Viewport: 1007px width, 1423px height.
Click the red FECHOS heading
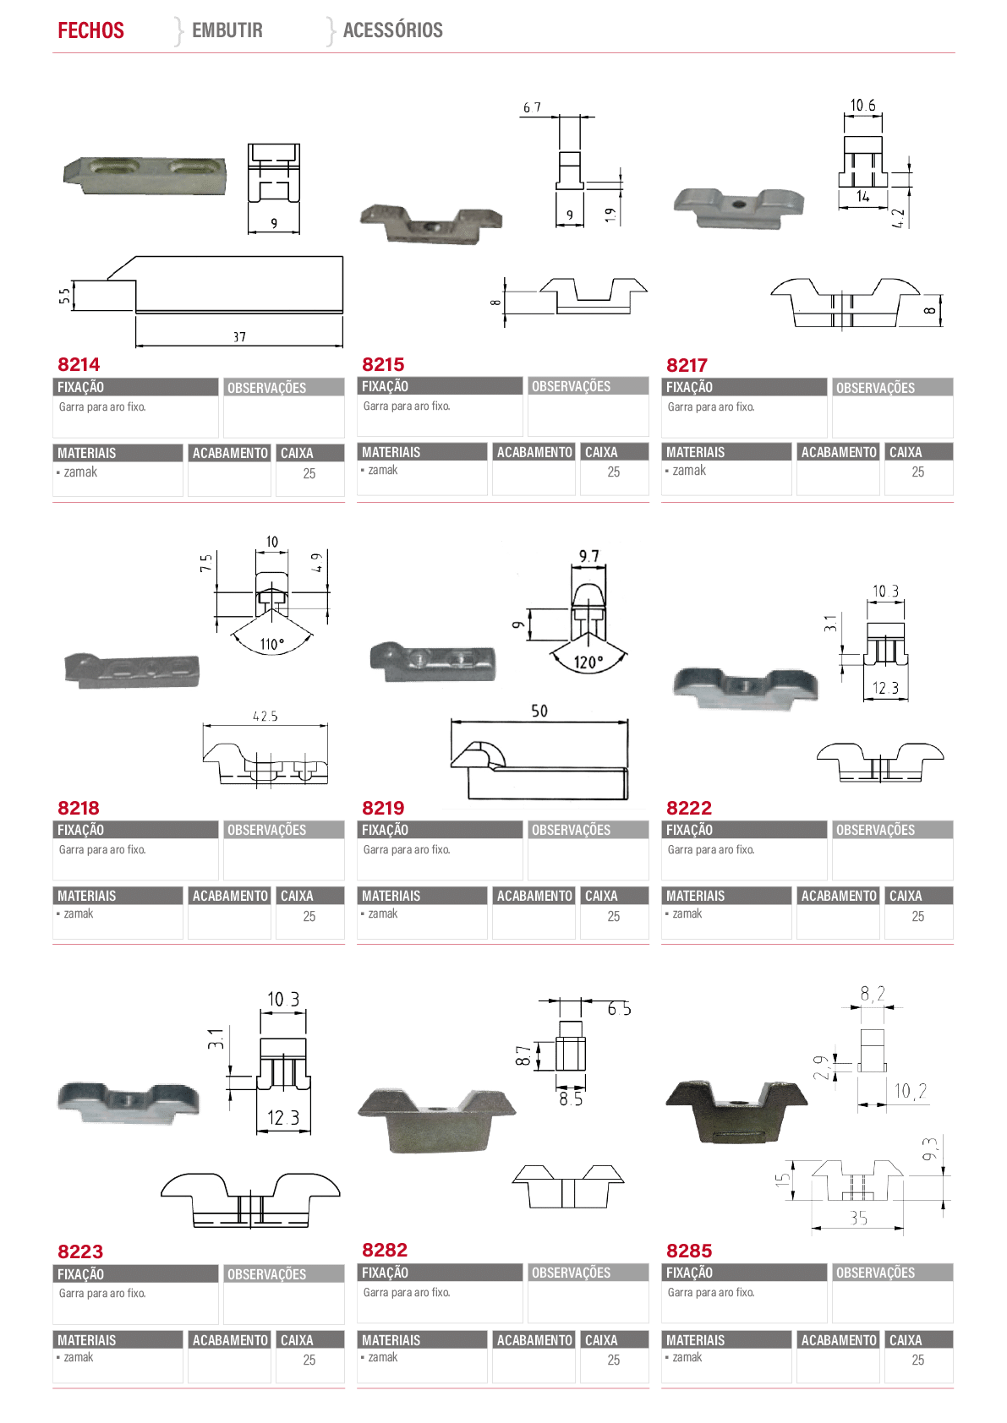tap(91, 30)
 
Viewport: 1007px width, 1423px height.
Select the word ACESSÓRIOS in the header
tap(393, 30)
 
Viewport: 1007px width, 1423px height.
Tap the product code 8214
tap(79, 365)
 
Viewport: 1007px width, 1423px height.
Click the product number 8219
tap(383, 808)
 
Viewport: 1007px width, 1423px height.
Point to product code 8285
tap(689, 1251)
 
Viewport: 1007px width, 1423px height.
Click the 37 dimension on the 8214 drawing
tap(239, 336)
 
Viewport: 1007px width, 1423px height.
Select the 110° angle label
tap(272, 644)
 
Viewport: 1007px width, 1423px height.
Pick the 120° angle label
tap(588, 662)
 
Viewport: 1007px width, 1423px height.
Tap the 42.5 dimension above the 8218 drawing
tap(265, 716)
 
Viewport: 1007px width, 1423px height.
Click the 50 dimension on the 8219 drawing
tap(539, 711)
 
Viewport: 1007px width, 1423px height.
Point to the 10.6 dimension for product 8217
tap(862, 106)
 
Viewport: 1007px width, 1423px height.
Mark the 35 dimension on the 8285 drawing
tap(858, 1218)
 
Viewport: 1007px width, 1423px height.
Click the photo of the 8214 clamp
tap(145, 175)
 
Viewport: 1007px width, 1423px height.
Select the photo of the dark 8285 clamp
tap(736, 1111)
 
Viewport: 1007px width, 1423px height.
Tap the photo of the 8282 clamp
tap(437, 1120)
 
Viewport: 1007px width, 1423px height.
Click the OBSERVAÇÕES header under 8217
tap(875, 388)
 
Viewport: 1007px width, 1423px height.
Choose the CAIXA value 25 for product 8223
tap(309, 1360)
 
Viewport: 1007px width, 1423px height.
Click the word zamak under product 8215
tap(383, 470)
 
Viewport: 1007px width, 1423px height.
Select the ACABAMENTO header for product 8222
tap(839, 896)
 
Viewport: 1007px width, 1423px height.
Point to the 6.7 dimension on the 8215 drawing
tap(532, 108)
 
